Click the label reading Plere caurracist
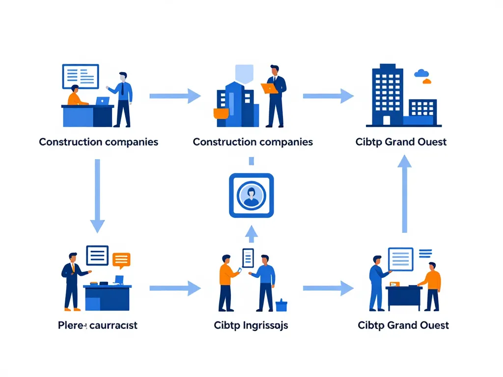[97, 325]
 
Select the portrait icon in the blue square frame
[251, 195]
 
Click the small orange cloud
[426, 81]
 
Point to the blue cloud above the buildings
[421, 73]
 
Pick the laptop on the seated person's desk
[103, 101]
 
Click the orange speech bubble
[121, 259]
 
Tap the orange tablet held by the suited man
[269, 88]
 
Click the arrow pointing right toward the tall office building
[328, 96]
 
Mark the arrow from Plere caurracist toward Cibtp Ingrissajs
[175, 289]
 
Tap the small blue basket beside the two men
[281, 305]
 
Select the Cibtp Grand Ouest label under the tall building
[401, 142]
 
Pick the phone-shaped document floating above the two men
[248, 258]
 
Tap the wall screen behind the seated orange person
[81, 76]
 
